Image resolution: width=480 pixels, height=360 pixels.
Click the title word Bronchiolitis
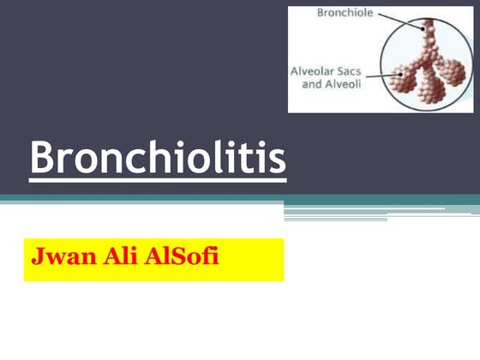(158, 158)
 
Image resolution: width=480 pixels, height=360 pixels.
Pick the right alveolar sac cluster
(452, 69)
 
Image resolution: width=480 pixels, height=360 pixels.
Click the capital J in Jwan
(38, 257)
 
